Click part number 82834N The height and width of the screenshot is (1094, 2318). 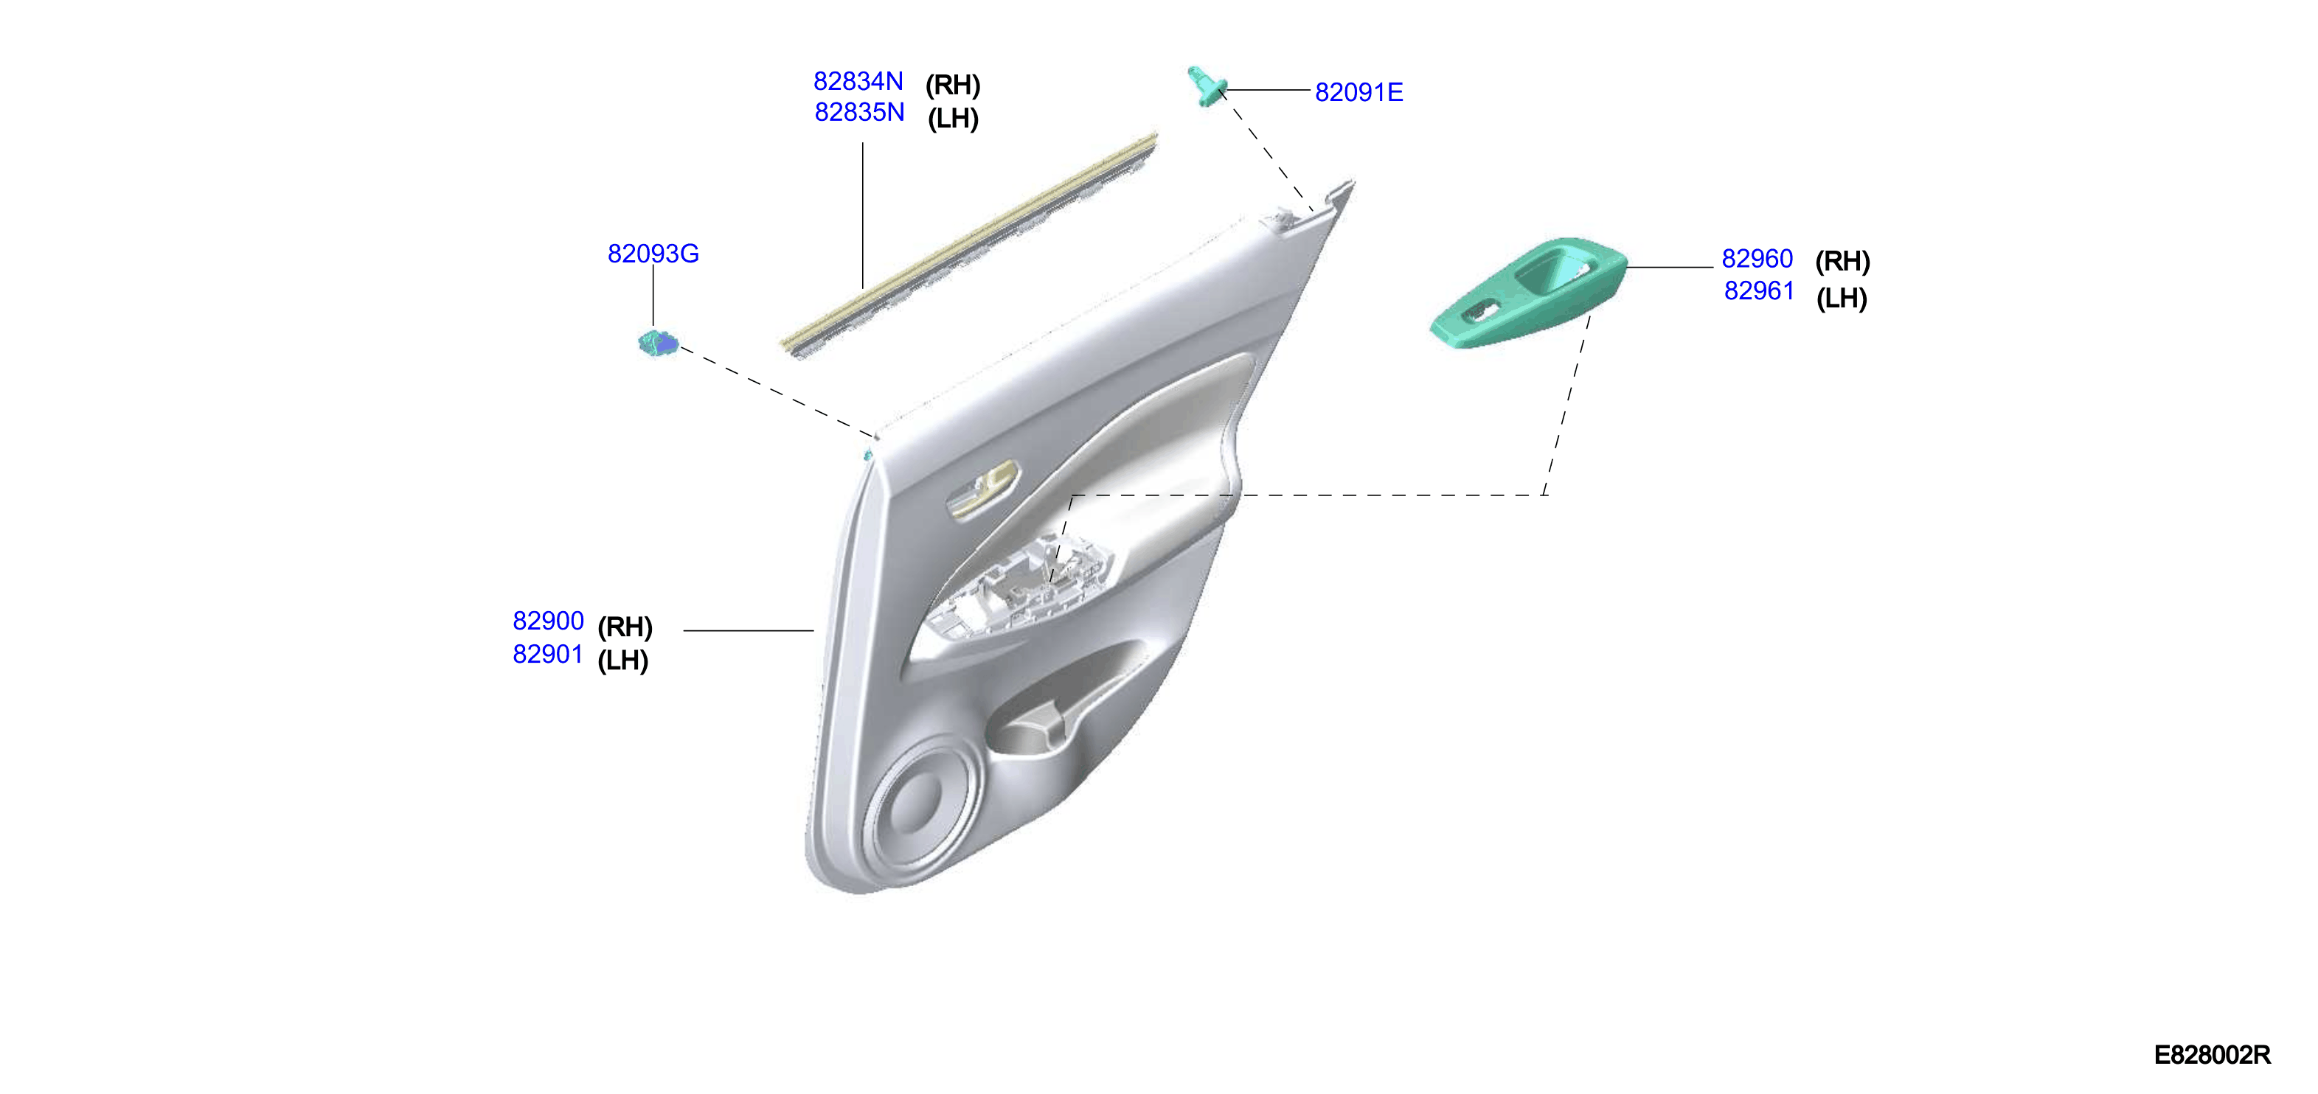[858, 81]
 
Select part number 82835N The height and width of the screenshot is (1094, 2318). [859, 113]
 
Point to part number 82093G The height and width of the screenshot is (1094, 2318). [653, 254]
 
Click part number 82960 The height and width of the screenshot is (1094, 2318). [1757, 258]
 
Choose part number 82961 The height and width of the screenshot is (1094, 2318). [1759, 290]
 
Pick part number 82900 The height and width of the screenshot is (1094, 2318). [548, 621]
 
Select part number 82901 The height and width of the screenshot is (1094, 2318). [548, 654]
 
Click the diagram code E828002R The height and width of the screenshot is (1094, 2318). [2212, 1054]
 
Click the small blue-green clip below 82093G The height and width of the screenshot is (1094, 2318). [658, 343]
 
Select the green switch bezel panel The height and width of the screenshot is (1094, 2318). [1530, 293]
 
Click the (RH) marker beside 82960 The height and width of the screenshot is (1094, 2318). [1842, 261]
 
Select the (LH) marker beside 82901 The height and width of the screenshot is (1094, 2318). [622, 661]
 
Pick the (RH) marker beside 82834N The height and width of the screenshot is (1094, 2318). [952, 86]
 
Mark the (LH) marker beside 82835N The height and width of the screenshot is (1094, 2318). [953, 118]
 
